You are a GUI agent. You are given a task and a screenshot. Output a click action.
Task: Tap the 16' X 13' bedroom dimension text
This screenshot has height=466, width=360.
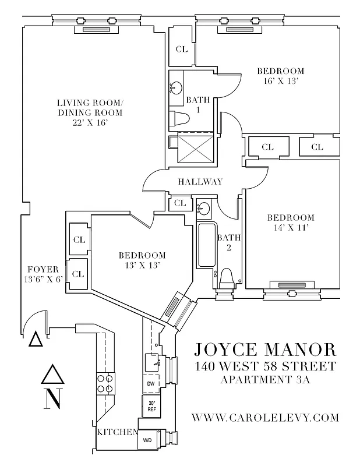pyautogui.click(x=280, y=82)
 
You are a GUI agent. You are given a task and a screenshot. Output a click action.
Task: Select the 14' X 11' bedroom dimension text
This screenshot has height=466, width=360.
pyautogui.click(x=291, y=228)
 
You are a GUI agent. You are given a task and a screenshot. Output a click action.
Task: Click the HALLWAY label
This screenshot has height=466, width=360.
pyautogui.click(x=200, y=182)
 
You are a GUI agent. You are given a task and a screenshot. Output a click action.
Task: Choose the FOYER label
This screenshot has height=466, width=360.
pyautogui.click(x=43, y=269)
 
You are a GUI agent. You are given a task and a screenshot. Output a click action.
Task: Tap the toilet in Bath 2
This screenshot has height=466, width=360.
pyautogui.click(x=227, y=278)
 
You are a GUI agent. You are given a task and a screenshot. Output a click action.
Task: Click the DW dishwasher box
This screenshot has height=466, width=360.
pyautogui.click(x=151, y=384)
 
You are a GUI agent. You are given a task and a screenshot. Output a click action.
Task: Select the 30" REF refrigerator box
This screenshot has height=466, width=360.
pyautogui.click(x=151, y=405)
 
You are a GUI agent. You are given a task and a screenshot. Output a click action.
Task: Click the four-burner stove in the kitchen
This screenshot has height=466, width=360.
pyautogui.click(x=105, y=383)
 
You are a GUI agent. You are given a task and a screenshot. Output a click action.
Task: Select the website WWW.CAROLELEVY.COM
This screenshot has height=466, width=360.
pyautogui.click(x=265, y=417)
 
